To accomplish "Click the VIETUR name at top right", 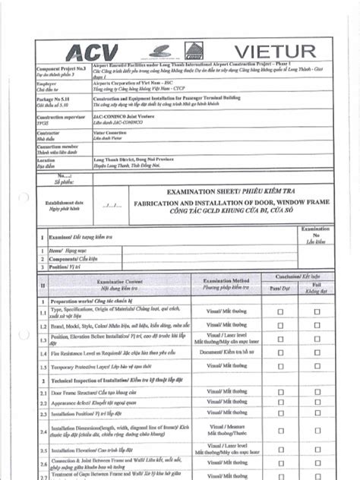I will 275,51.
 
